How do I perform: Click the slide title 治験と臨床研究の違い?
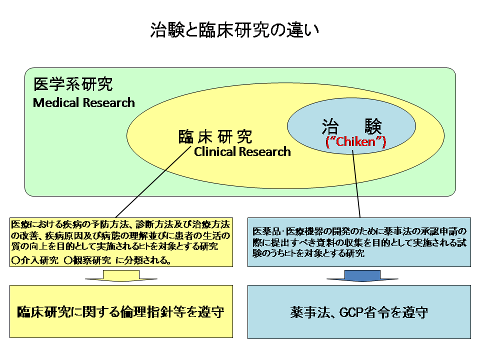[234, 30]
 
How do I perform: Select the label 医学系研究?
[73, 84]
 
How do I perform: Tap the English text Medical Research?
[84, 103]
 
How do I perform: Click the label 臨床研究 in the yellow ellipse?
[215, 136]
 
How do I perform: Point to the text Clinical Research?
[242, 151]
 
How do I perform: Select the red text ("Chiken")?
[355, 141]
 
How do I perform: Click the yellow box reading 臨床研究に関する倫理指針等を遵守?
[121, 312]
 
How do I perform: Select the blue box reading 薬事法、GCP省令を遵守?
[359, 312]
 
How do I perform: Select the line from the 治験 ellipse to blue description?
[357, 185]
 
